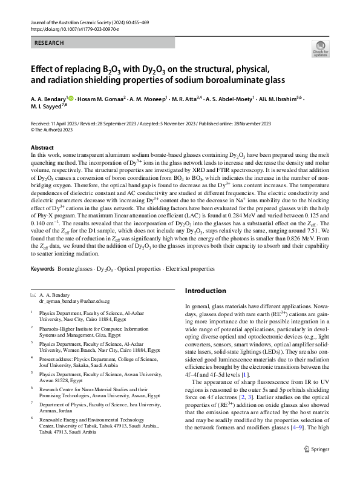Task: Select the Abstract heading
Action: pyautogui.click(x=42, y=148)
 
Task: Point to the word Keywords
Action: pyautogui.click(x=42, y=268)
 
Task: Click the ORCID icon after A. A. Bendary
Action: pyautogui.click(x=71, y=97)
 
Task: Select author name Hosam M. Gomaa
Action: pyautogui.click(x=101, y=97)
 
